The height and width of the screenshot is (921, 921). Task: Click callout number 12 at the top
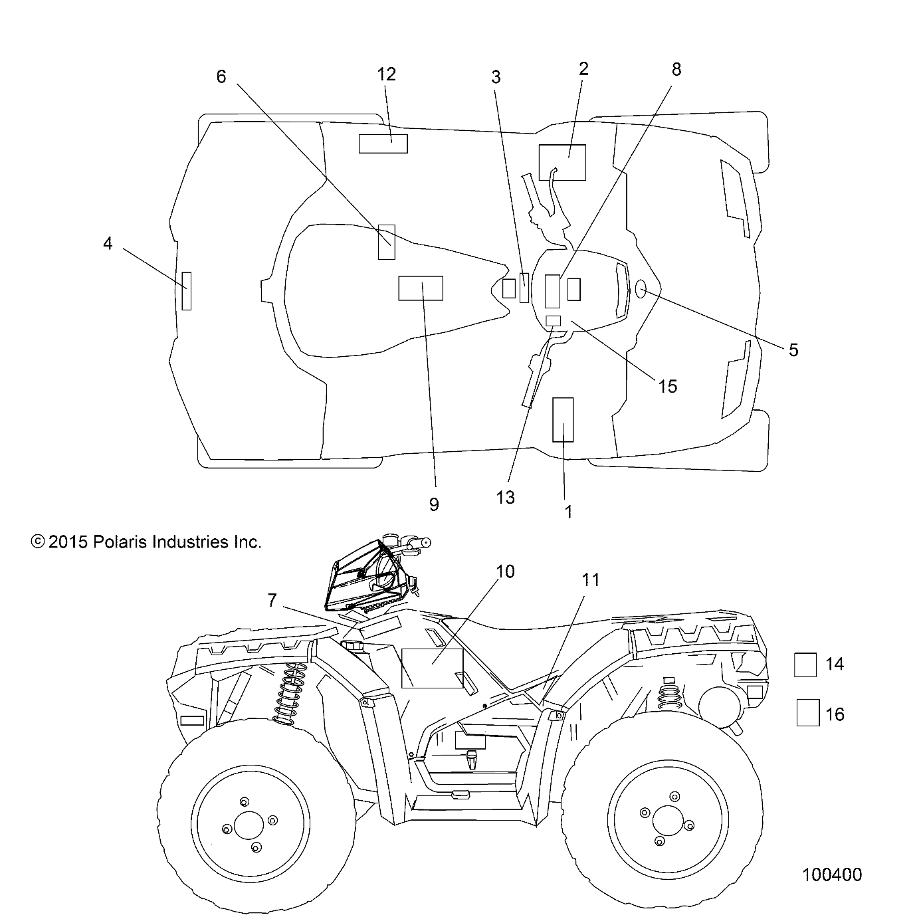386,74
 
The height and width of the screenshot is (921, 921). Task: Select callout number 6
221,77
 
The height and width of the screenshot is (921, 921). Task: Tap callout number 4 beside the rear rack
108,244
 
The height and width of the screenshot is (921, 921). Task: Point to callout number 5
793,350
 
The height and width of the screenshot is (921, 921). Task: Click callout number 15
667,386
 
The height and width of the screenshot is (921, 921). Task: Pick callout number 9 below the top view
434,504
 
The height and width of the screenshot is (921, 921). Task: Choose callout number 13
506,497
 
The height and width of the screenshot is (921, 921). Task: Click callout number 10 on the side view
505,571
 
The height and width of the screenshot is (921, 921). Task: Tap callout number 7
272,600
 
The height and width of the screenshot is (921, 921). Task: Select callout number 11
591,580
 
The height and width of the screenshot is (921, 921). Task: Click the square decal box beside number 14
805,665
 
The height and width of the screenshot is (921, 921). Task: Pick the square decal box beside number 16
808,713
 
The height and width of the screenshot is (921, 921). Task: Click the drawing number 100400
832,874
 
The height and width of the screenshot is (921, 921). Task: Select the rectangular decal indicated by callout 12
383,144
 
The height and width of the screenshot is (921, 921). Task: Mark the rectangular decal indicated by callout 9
421,288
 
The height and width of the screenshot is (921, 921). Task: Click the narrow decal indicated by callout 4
187,290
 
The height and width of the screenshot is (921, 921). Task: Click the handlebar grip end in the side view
420,543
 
